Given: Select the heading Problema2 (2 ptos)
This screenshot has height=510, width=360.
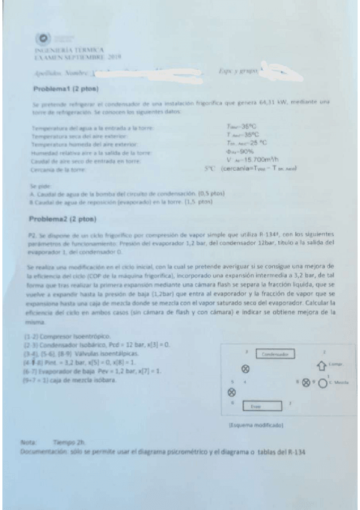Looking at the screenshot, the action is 63,214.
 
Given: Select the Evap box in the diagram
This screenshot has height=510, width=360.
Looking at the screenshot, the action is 255,407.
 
